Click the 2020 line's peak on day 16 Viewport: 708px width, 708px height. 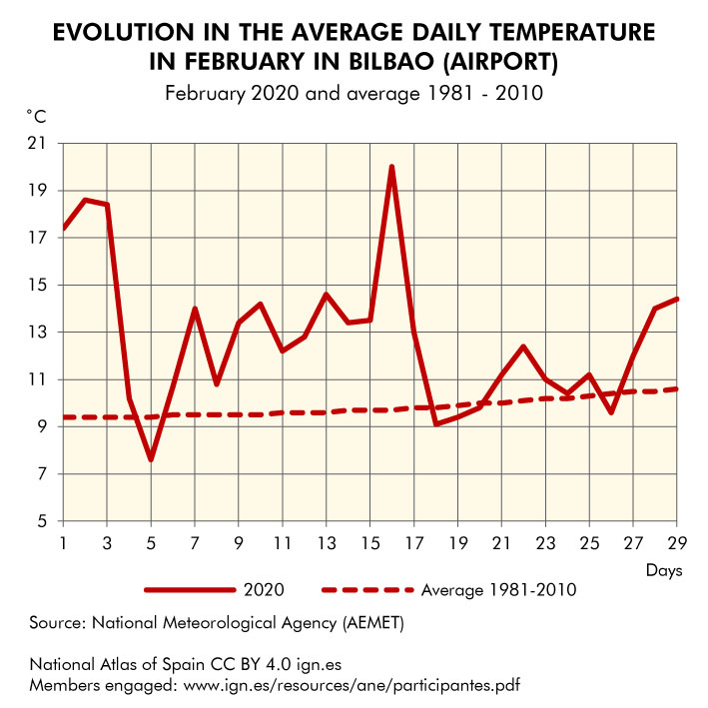click(391, 167)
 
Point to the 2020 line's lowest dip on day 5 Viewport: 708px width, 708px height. click(151, 459)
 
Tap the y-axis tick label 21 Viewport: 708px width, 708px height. click(42, 144)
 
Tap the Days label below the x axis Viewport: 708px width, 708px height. click(663, 570)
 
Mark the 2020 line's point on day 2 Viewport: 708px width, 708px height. click(85, 200)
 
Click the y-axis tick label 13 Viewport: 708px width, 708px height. click(42, 333)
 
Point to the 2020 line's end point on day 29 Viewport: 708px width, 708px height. click(677, 299)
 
